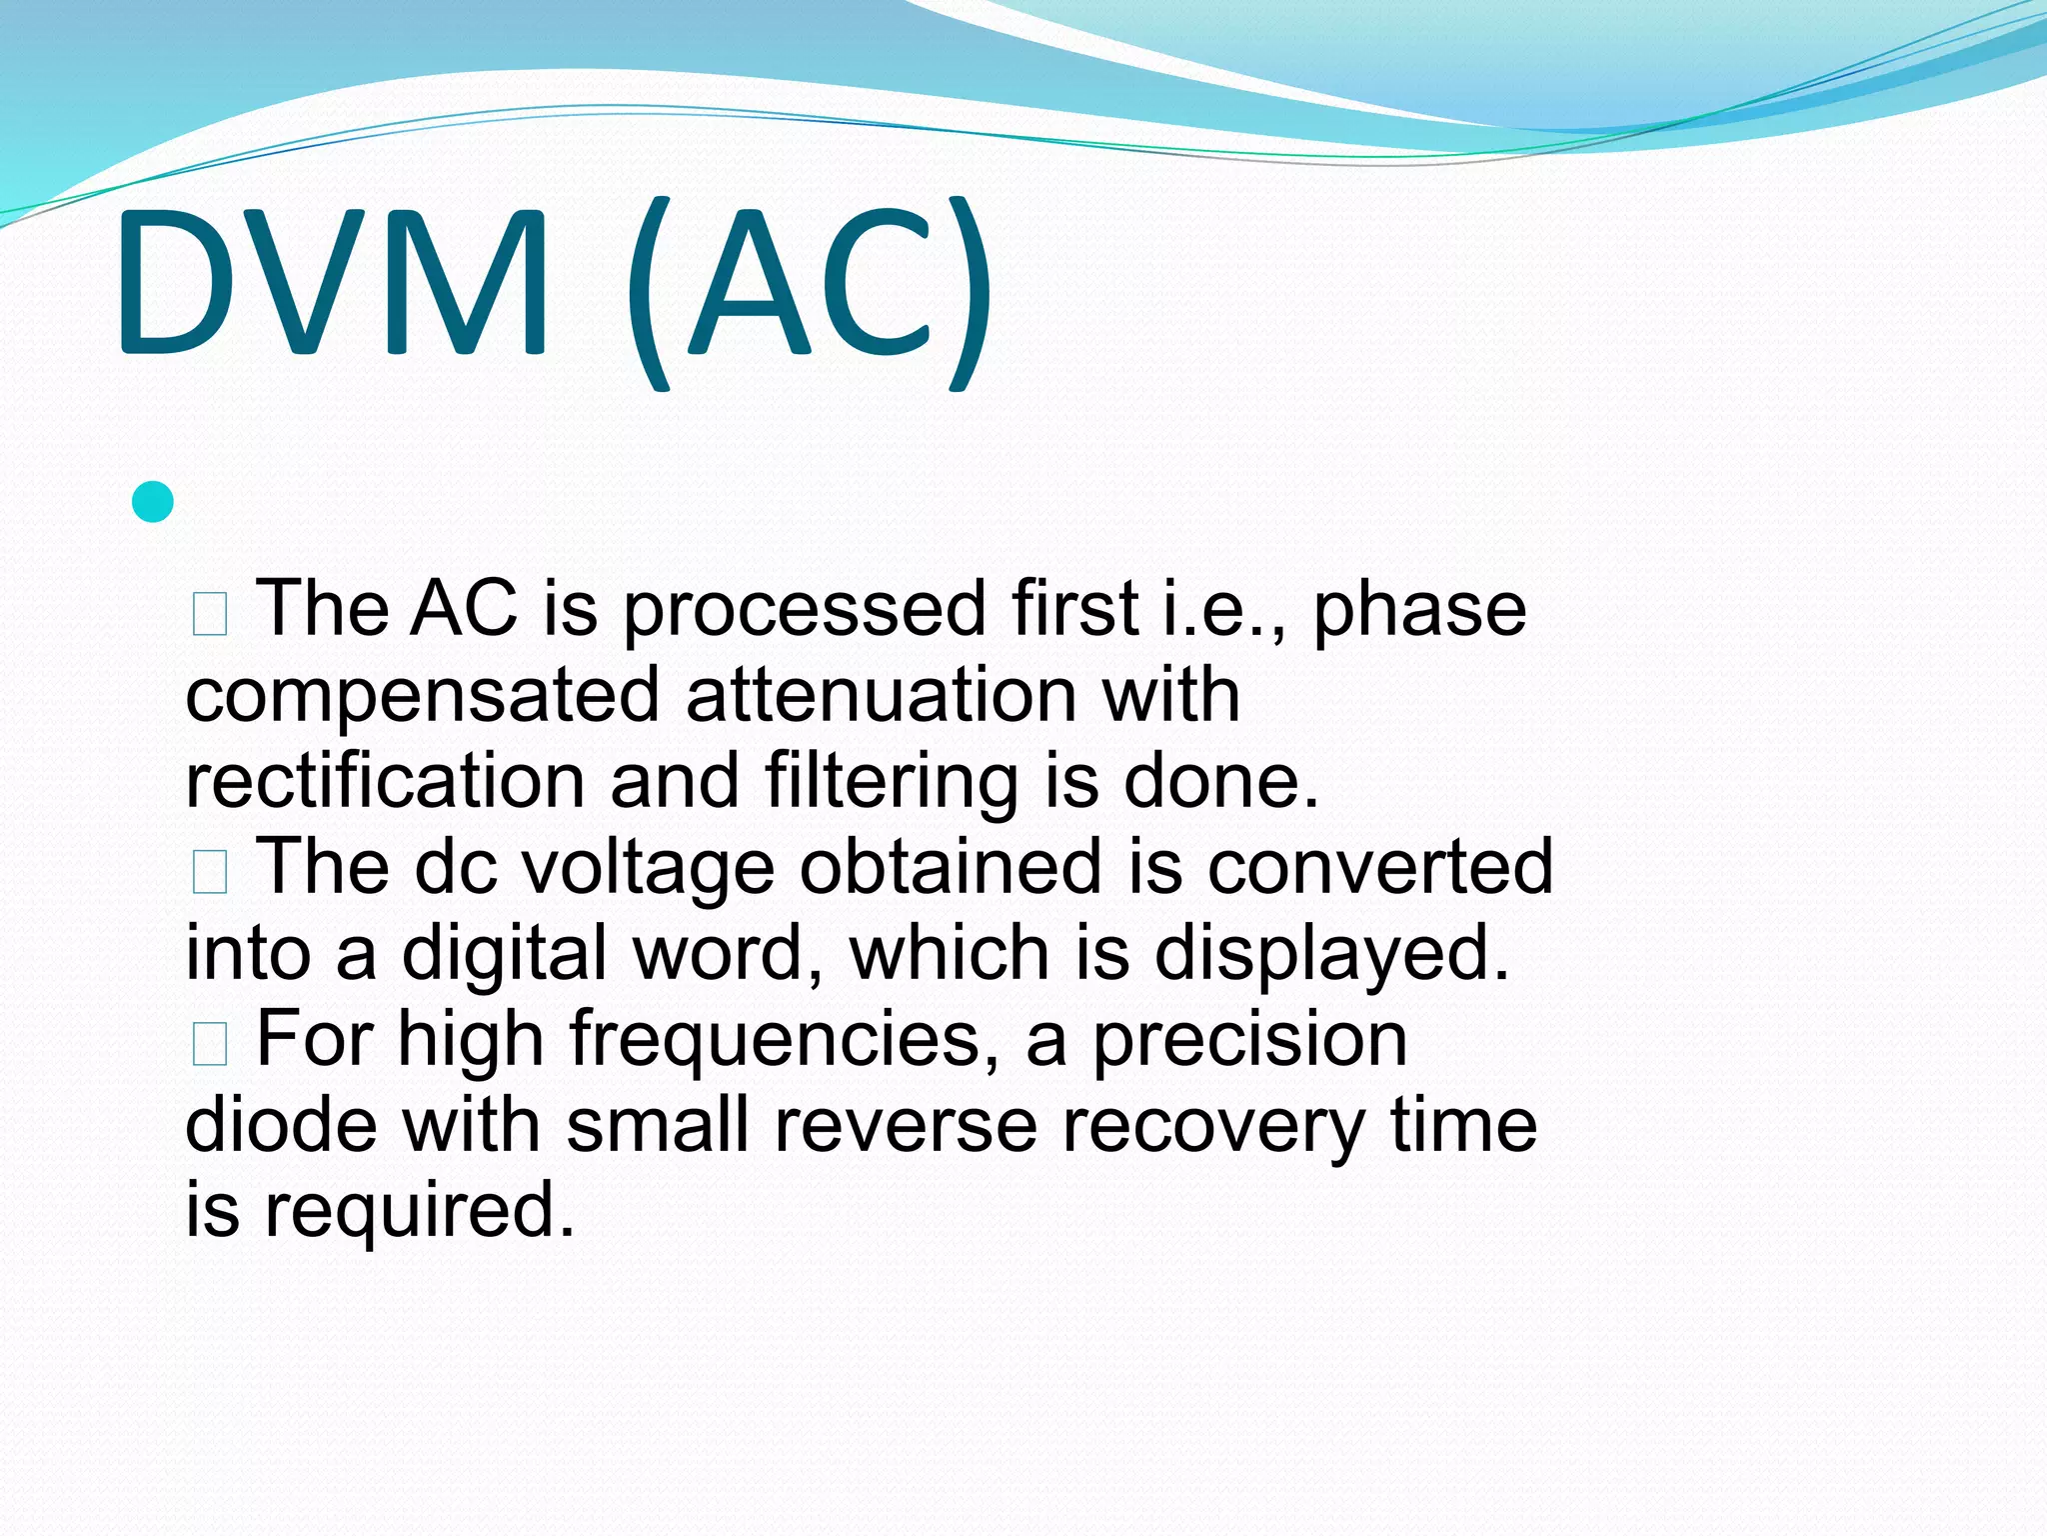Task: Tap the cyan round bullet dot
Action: tap(153, 502)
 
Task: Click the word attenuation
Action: tap(881, 694)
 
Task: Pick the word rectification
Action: tap(385, 781)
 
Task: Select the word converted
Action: tap(1379, 866)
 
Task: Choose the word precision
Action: tap(1249, 1041)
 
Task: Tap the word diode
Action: tap(281, 1125)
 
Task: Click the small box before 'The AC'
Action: tap(210, 614)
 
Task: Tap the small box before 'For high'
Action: tap(210, 1044)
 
